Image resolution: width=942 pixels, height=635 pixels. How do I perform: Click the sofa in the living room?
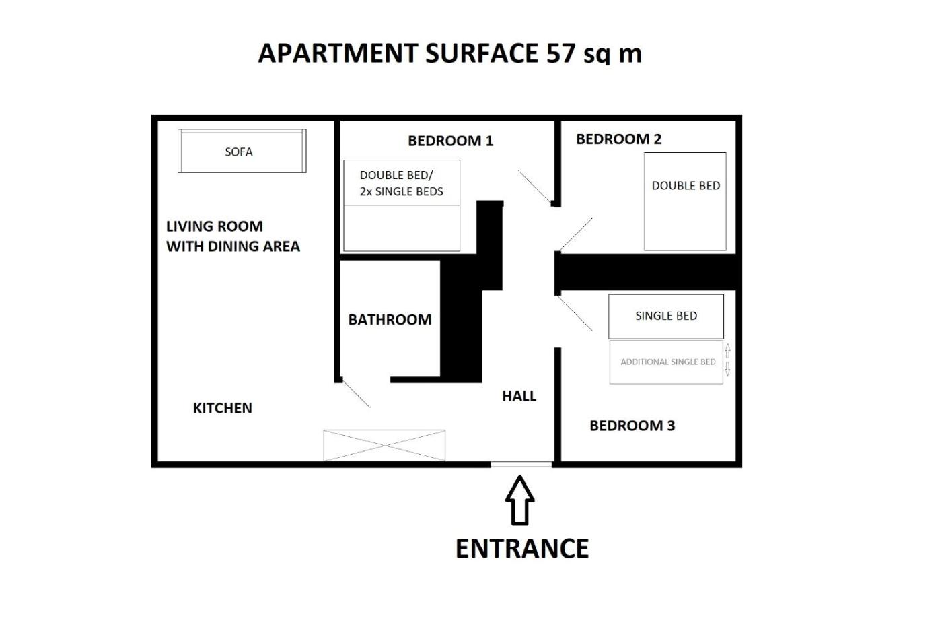point(242,151)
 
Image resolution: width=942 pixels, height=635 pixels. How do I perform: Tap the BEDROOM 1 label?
point(450,141)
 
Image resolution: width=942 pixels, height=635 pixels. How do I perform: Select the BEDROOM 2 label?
point(618,139)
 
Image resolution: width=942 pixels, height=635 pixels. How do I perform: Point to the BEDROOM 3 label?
point(632,426)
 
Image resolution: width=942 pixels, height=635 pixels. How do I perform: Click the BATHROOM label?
point(390,319)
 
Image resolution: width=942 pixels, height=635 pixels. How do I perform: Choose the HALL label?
point(519,396)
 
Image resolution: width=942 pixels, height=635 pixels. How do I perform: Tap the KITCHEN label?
point(223,408)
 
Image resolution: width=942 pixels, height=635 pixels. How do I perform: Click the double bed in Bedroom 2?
point(685,201)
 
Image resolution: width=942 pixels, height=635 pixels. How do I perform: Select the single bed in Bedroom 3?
point(666,316)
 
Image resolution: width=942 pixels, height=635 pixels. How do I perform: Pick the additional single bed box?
point(666,362)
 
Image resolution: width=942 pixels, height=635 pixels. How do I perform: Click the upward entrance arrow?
point(519,500)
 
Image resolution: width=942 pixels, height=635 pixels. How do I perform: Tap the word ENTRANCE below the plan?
point(522,548)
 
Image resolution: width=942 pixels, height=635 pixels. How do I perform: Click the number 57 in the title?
point(560,53)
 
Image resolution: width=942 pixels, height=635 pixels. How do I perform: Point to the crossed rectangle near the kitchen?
point(384,445)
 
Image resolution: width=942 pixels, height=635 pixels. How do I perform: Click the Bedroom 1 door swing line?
point(534,187)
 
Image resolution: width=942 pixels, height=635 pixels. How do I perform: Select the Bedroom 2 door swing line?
point(576,234)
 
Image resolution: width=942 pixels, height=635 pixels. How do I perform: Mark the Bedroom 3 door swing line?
point(575,313)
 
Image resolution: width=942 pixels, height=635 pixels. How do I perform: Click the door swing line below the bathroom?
point(356,394)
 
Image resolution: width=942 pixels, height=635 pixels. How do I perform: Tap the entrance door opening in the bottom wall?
point(521,465)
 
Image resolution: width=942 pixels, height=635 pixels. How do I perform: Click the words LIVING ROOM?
point(215,226)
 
